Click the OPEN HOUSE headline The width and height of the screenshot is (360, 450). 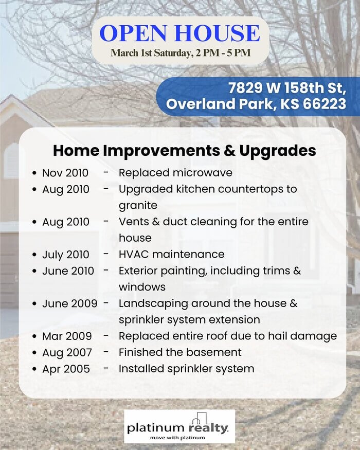179,33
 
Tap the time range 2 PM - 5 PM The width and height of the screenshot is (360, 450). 223,53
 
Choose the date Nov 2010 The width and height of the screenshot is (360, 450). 65,173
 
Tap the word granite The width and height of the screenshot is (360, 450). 138,206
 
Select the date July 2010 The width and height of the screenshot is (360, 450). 65,255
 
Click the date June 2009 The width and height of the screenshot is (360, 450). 70,303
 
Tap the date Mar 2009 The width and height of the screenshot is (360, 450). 67,336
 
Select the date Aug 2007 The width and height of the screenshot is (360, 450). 67,353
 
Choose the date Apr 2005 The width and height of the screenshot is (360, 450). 66,369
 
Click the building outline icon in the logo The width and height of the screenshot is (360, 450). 199,419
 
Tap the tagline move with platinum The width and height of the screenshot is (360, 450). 177,438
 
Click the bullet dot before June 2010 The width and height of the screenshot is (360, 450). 34,271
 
